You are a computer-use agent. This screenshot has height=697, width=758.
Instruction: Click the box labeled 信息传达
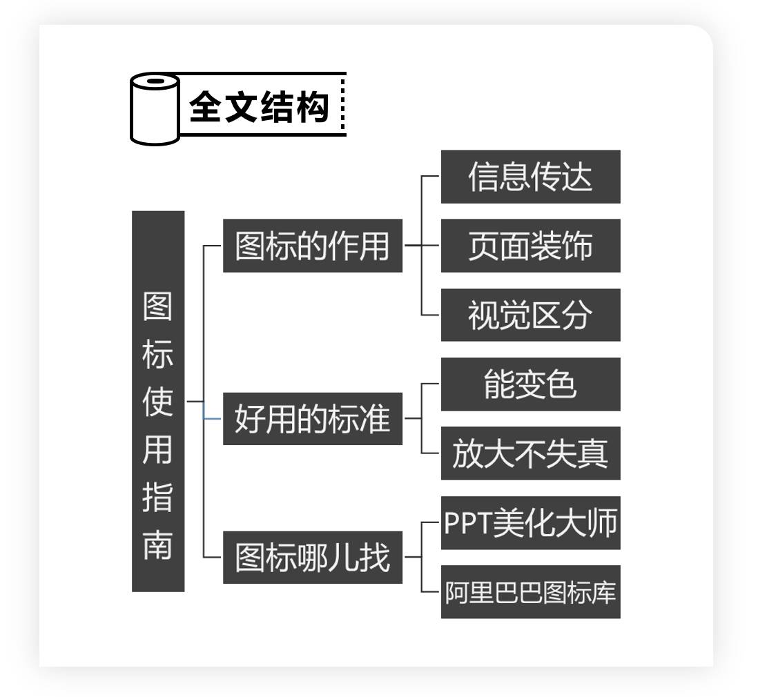(530, 177)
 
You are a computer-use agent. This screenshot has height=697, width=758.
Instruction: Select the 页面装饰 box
(530, 246)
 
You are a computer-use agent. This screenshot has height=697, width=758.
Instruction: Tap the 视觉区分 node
(530, 315)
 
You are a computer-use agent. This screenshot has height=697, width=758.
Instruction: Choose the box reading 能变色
(530, 384)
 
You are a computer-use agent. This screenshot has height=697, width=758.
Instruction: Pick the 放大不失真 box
(530, 453)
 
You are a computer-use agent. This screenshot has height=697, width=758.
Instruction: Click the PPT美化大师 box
(530, 522)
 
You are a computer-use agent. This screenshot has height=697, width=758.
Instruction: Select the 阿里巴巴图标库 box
(530, 592)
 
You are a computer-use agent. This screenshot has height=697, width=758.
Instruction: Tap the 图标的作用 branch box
(312, 246)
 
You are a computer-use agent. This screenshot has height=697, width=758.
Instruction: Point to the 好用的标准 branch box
(312, 419)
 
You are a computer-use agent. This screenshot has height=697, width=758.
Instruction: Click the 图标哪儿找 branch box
(312, 557)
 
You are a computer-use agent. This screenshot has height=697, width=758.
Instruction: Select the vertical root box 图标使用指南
(158, 401)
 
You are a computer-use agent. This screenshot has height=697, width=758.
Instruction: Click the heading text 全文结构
(258, 107)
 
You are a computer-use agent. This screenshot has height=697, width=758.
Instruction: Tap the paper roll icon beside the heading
(155, 108)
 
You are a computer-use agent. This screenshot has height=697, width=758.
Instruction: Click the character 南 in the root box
(158, 544)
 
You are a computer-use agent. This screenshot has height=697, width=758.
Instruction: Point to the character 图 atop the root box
(158, 306)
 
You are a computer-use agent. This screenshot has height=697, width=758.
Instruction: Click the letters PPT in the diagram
(466, 523)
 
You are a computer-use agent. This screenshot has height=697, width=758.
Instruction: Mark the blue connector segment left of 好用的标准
(213, 418)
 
